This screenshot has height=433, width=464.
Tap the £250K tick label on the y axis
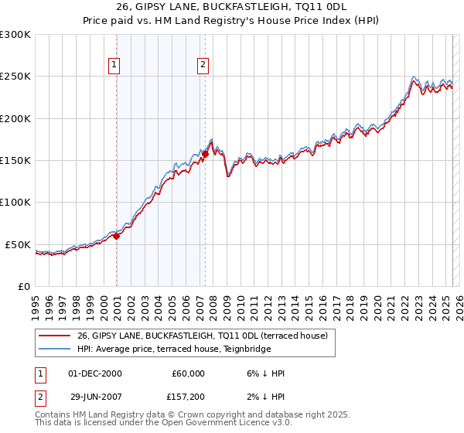pos(15,77)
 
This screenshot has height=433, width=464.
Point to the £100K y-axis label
pos(15,202)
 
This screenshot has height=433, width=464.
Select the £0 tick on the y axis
pos(24,286)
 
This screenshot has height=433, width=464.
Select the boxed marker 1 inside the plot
pos(114,65)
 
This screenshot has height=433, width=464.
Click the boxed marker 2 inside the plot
pos(203,65)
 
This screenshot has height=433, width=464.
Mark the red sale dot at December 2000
pos(116,236)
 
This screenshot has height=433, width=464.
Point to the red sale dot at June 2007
pos(205,154)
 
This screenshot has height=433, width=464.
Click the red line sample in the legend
pos(56,336)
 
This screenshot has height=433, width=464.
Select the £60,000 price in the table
pos(188,373)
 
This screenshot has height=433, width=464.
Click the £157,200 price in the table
pos(186,397)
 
